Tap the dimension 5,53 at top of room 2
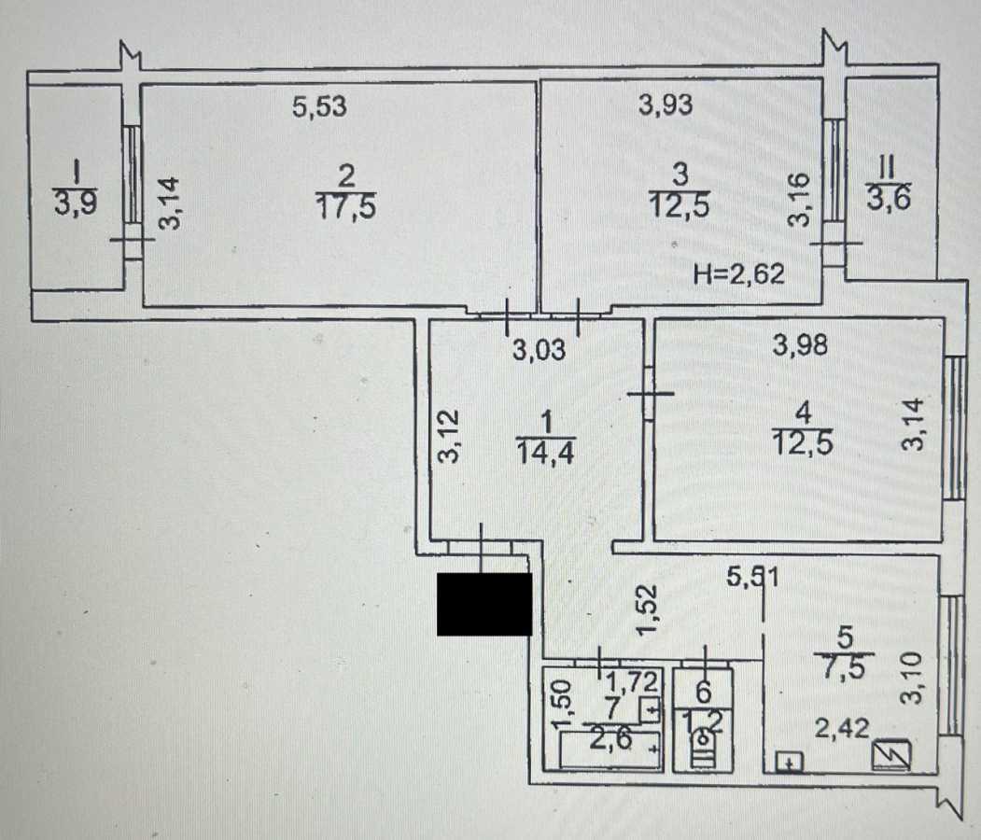tap(319, 107)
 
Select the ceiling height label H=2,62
tap(738, 273)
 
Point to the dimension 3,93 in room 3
tap(666, 105)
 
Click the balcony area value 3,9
tap(75, 203)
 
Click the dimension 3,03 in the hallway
tap(540, 352)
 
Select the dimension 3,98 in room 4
tap(801, 345)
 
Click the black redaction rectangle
tap(484, 605)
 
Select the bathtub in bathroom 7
tap(602, 750)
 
